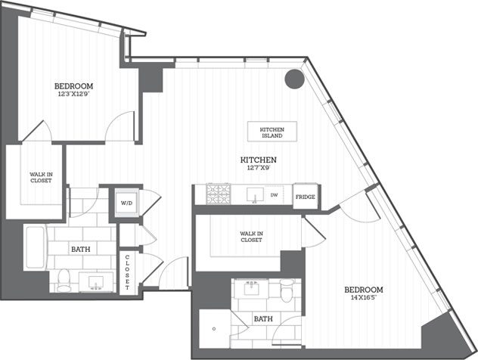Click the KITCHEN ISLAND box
coord(272,130)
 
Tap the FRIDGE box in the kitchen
coord(305,197)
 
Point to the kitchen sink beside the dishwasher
coord(253,195)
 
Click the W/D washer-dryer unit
coord(126,203)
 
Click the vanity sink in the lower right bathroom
coord(252,287)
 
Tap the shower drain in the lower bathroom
coord(215,329)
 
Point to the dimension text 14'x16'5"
coord(364,299)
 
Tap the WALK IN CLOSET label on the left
coord(36,182)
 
